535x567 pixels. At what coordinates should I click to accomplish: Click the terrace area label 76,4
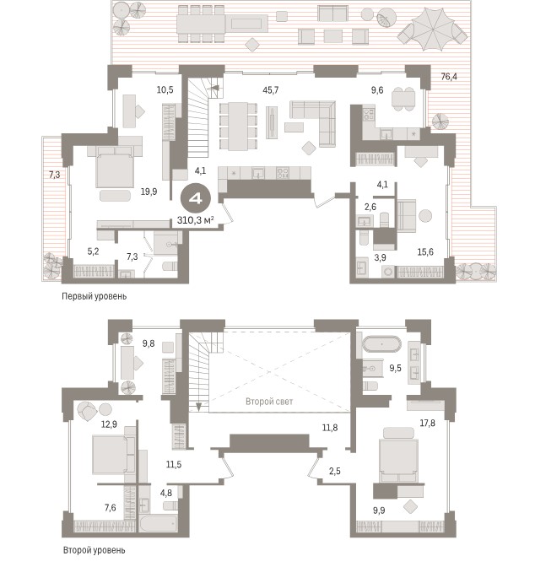point(449,77)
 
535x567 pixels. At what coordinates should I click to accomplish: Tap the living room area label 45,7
point(271,89)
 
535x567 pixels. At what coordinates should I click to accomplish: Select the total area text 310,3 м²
point(195,219)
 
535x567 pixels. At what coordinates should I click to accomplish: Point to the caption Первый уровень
point(94,296)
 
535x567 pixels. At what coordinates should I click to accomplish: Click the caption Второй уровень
point(94,550)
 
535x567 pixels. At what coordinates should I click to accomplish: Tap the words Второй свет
point(269,402)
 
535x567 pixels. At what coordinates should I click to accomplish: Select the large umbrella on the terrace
point(432,30)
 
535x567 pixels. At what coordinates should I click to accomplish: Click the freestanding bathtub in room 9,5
point(382,344)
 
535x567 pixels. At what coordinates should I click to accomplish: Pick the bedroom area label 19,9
point(149,192)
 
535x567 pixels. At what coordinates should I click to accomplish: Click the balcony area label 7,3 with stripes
point(54,175)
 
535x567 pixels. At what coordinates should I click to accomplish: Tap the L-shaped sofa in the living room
point(313,123)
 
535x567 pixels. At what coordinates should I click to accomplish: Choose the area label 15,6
point(425,251)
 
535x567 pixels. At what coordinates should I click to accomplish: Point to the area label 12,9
point(109,424)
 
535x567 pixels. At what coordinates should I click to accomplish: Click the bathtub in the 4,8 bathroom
point(158,522)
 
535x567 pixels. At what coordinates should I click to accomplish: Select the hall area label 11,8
point(330,428)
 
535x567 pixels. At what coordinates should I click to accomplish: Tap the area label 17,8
point(427,423)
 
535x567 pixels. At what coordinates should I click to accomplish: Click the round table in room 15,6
point(425,216)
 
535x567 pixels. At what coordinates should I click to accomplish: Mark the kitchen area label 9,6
point(377,90)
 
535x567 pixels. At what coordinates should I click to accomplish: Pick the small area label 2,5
point(335,471)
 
